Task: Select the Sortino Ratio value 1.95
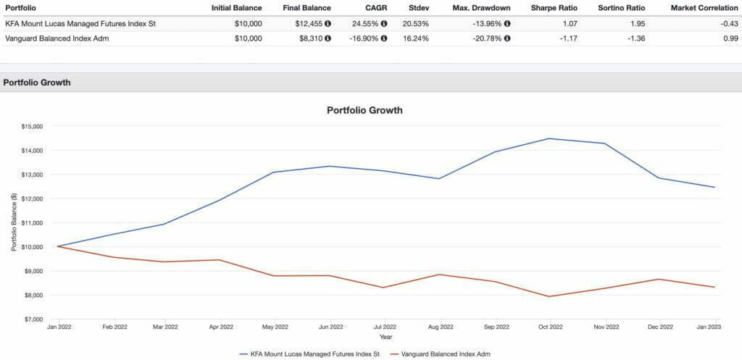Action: point(638,23)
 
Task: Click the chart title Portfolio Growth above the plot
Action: point(364,111)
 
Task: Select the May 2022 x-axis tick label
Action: point(276,327)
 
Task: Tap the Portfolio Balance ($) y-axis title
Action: point(14,222)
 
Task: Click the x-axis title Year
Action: point(385,336)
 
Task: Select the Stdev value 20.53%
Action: point(415,23)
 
